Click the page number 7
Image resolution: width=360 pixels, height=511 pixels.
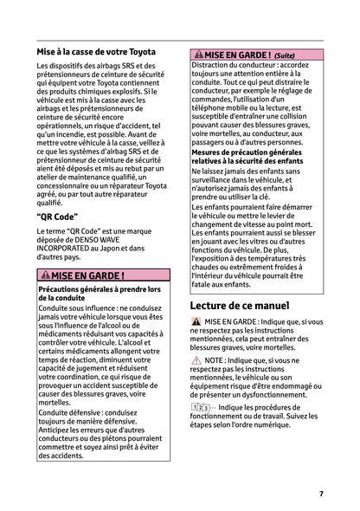pyautogui.click(x=320, y=494)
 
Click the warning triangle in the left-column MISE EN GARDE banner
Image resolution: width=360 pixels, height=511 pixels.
pyautogui.click(x=45, y=275)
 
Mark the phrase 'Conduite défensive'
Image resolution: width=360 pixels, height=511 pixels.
pyautogui.click(x=70, y=412)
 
